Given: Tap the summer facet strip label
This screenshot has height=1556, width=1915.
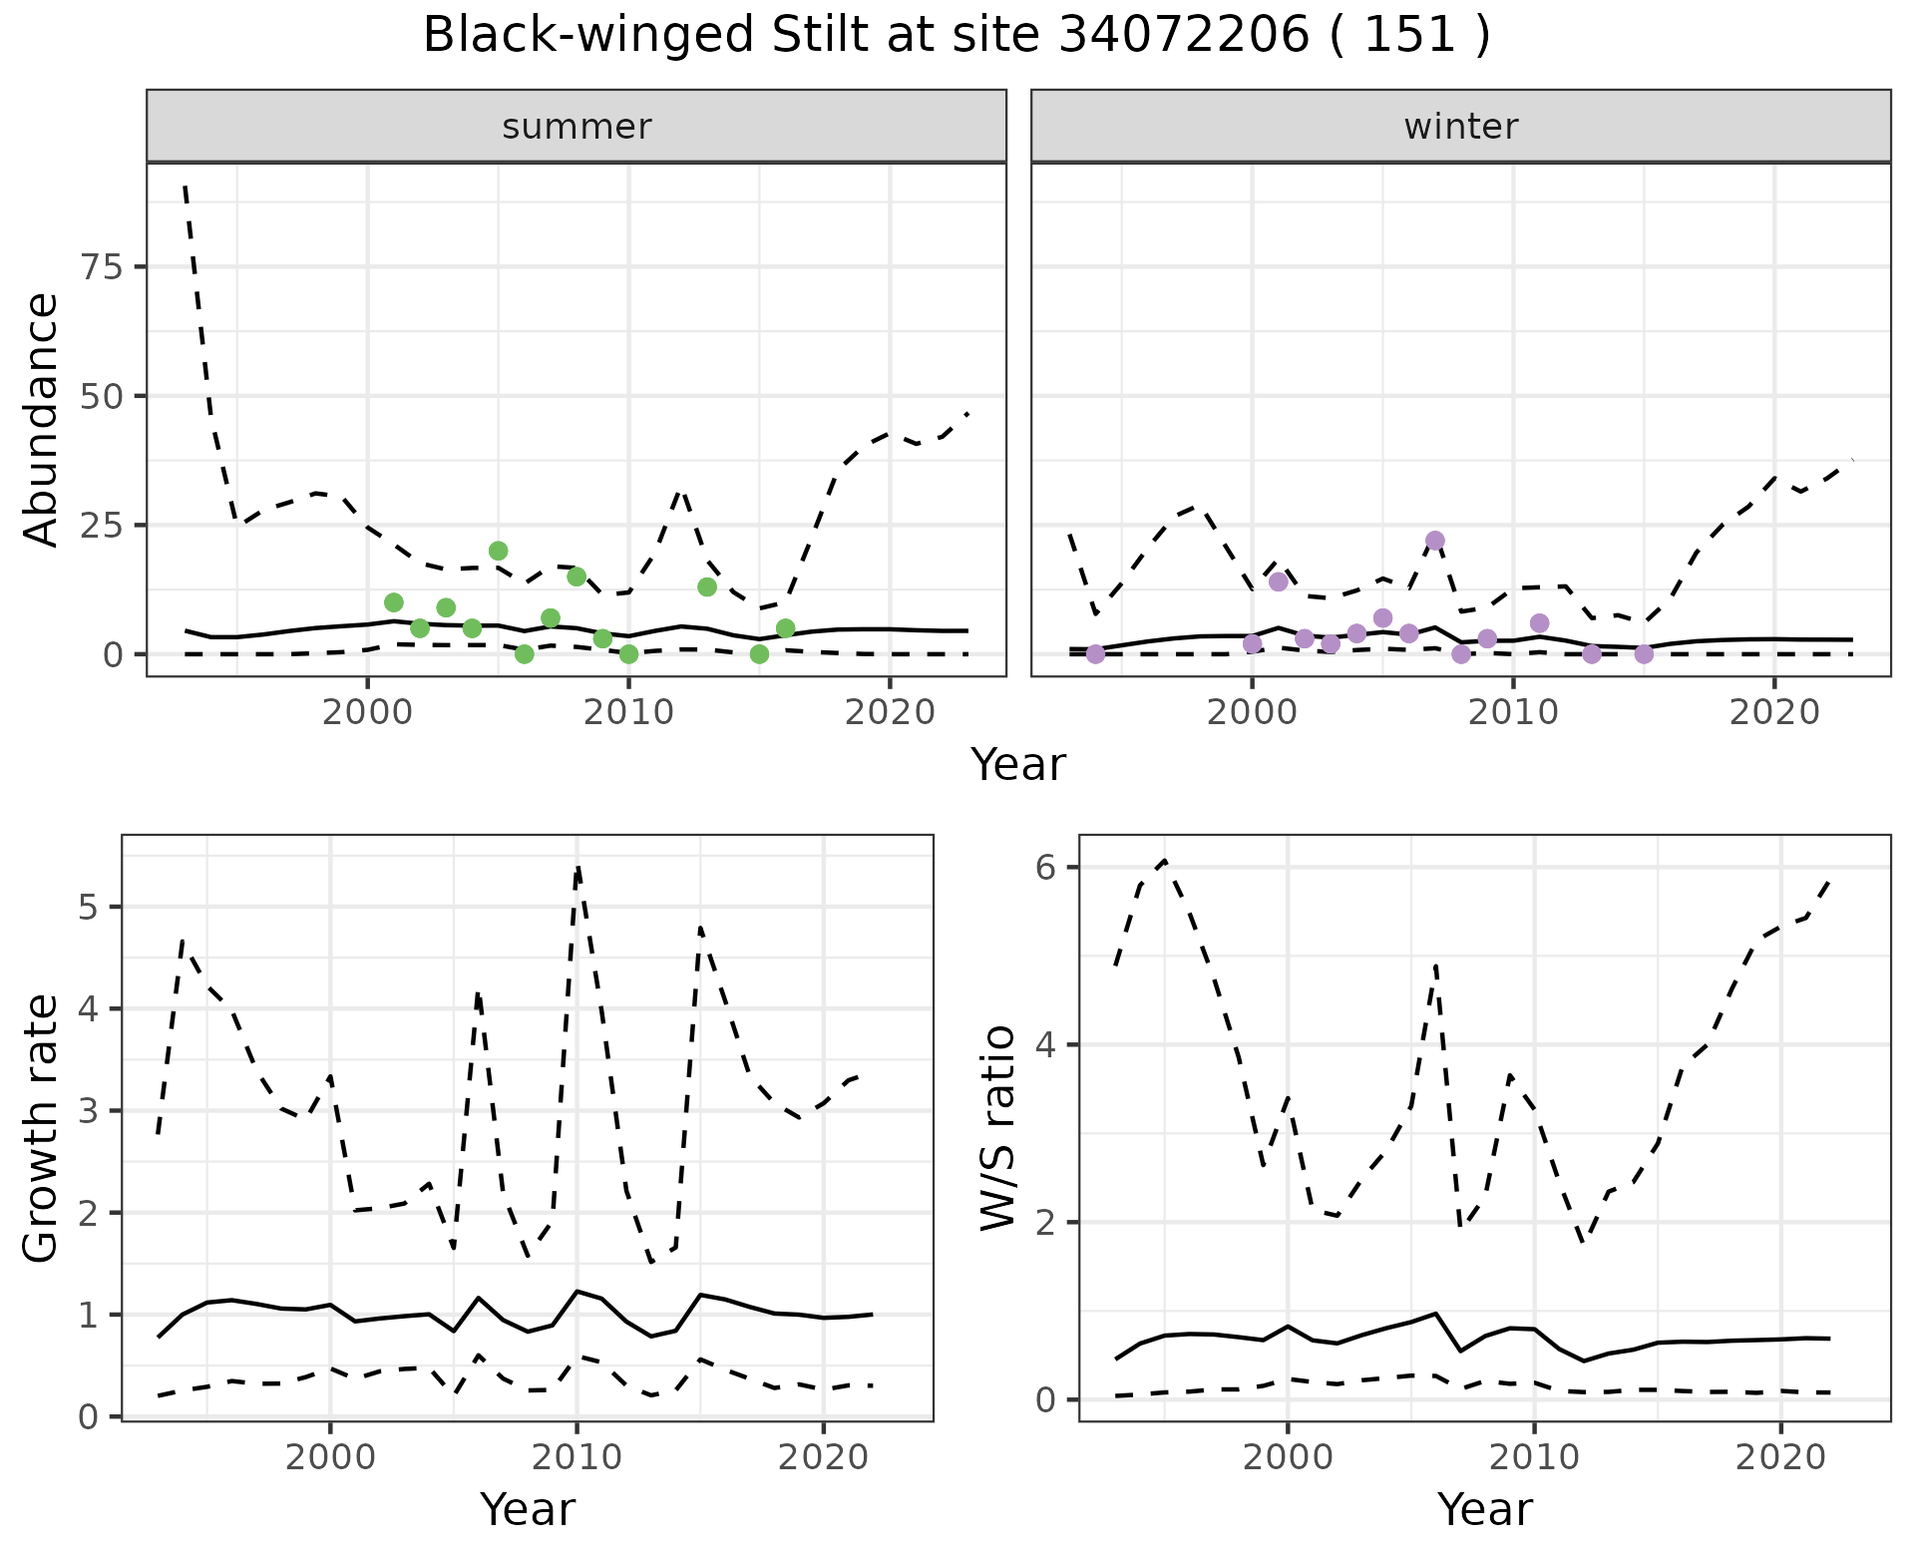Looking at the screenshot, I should point(576,127).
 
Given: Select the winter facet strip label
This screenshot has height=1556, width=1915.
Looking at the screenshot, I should point(1460,127).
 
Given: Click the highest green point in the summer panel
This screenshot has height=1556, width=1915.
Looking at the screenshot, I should point(499,551).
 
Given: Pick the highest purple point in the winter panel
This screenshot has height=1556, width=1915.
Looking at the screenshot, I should point(1435,541).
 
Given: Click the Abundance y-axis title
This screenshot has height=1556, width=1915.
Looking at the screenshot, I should point(42,420).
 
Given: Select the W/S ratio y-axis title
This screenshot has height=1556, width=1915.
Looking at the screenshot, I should point(998,1128).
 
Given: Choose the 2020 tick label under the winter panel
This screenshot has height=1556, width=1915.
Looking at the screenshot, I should point(1774,712).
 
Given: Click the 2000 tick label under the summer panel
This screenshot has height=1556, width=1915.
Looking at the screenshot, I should point(368,712).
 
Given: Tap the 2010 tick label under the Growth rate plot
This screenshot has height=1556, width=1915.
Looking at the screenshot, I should point(576,1457).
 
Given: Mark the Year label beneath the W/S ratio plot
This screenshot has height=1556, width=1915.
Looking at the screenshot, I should point(1484,1509).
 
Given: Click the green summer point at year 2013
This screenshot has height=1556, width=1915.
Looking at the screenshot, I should point(707,586).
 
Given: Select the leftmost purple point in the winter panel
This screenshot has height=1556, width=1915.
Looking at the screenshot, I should point(1095,654).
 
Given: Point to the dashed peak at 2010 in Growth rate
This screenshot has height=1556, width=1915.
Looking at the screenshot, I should point(577,867).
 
